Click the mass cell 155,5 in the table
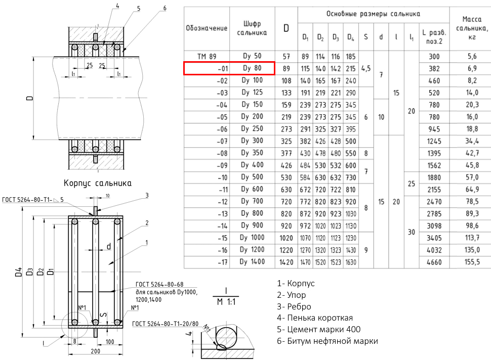tap(472, 262)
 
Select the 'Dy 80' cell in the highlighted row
tap(252, 68)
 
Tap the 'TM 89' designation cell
tap(207, 57)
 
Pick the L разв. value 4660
tap(434, 262)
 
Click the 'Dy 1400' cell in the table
tap(252, 262)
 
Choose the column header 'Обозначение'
tap(207, 28)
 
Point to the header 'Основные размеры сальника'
tap(373, 14)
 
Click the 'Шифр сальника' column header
tap(252, 28)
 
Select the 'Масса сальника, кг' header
tap(472, 28)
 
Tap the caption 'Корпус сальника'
tap(97, 183)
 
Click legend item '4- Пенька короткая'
tap(315, 318)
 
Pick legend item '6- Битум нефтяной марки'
tap(327, 341)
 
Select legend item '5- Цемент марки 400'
tap(318, 329)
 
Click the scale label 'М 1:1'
tap(226, 302)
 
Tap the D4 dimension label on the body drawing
tap(18, 272)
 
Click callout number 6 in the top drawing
tap(165, 8)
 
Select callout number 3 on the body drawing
tap(147, 196)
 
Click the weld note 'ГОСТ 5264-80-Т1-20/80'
tap(165, 324)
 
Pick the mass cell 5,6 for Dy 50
tap(472, 57)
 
